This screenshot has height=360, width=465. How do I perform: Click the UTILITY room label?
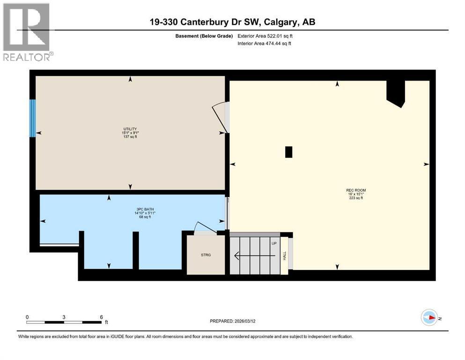click(130, 129)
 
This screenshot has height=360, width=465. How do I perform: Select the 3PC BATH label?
click(144, 209)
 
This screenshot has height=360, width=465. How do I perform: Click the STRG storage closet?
click(206, 255)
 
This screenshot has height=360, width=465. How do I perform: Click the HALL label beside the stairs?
click(284, 255)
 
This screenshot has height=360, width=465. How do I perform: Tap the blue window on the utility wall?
click(32, 118)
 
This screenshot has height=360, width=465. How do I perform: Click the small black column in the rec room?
click(288, 152)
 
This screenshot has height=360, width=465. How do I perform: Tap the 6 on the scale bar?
click(101, 316)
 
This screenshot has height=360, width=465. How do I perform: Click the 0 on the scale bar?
click(27, 316)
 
